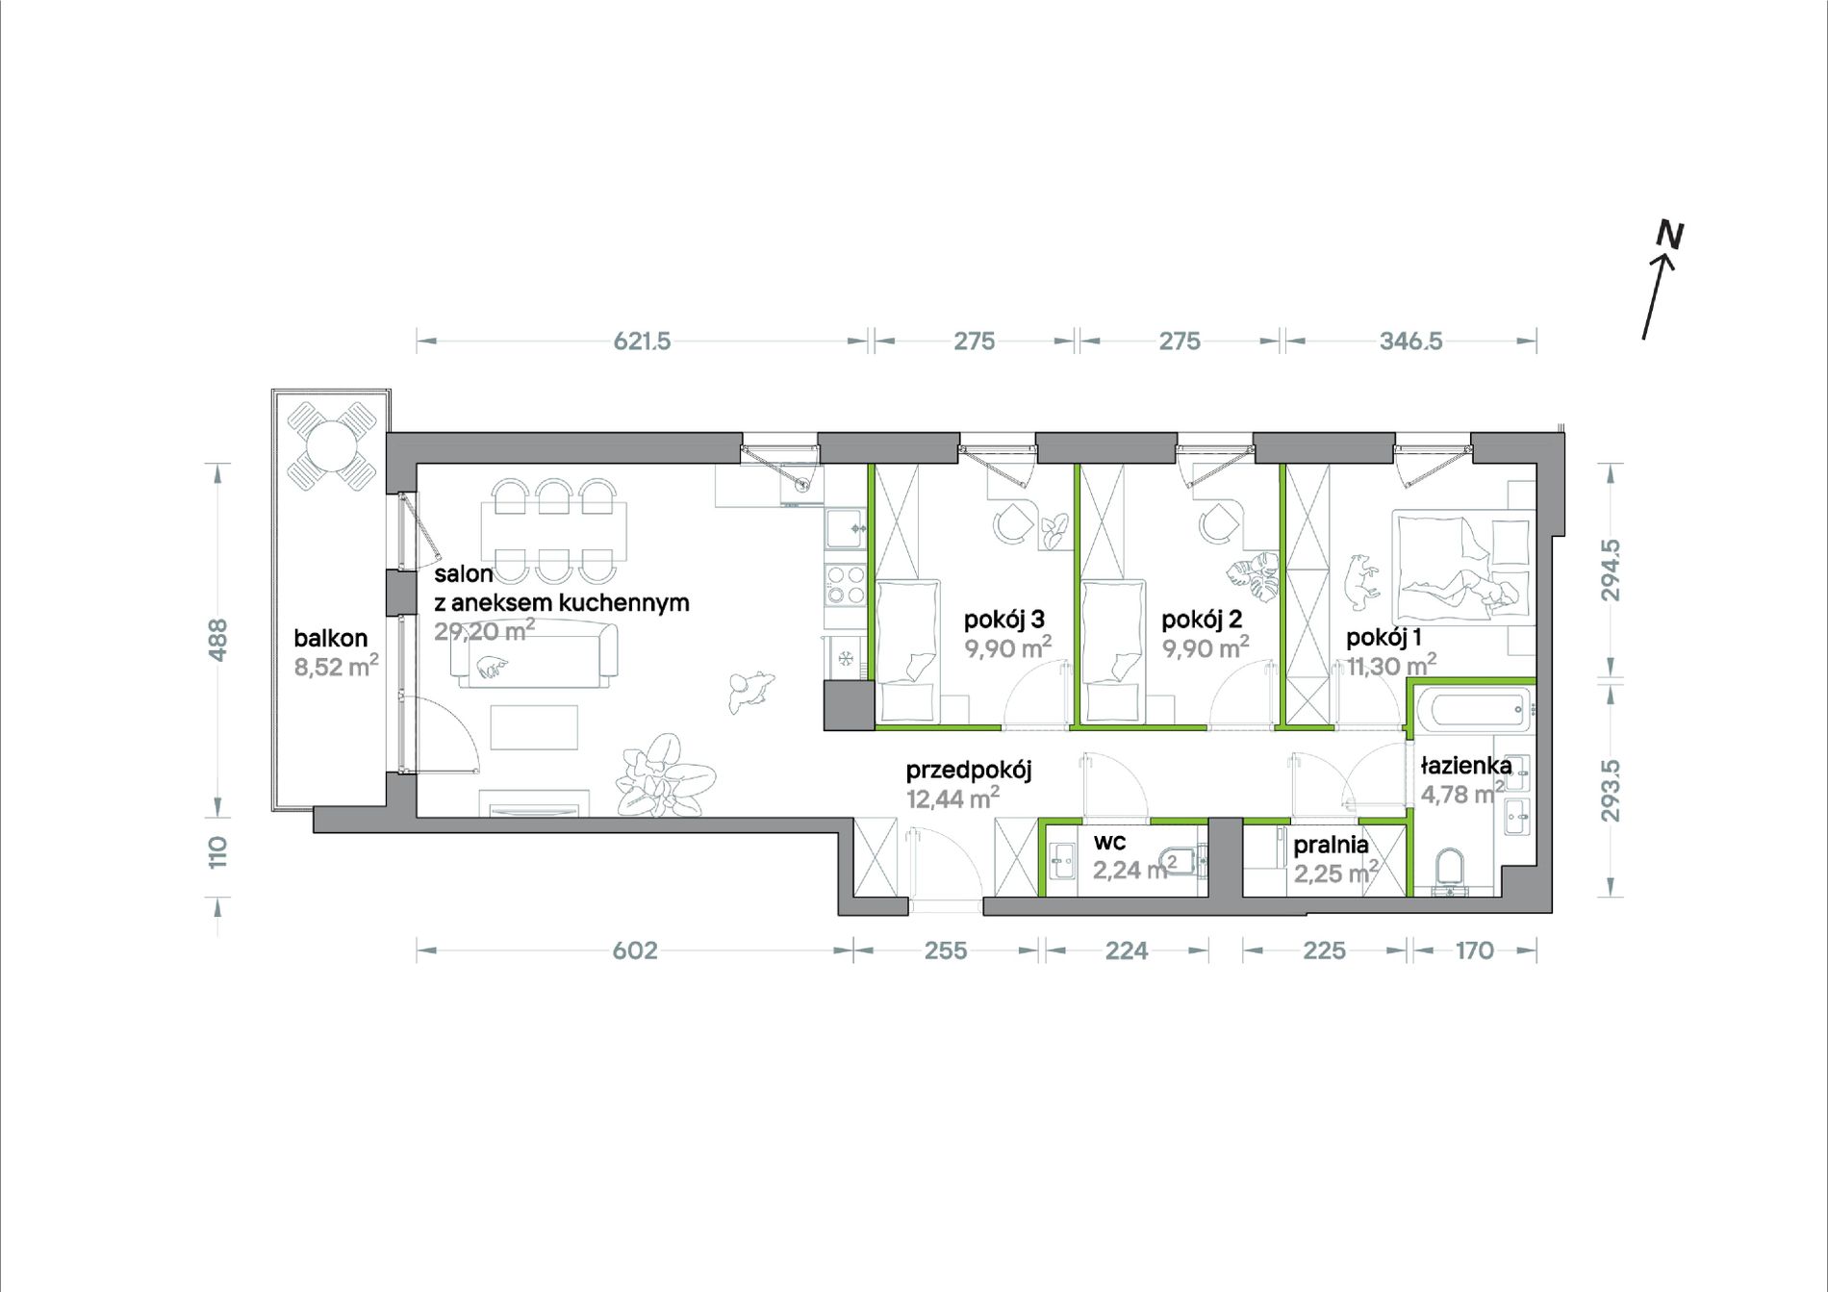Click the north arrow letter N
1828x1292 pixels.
pyautogui.click(x=1669, y=236)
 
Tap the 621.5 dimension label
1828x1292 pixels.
pyautogui.click(x=642, y=342)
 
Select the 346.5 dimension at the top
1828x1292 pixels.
pyautogui.click(x=1410, y=342)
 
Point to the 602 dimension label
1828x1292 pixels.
pyautogui.click(x=635, y=950)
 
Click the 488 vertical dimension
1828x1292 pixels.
pyautogui.click(x=218, y=640)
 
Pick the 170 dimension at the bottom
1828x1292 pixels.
pyautogui.click(x=1474, y=950)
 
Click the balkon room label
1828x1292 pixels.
pyautogui.click(x=331, y=638)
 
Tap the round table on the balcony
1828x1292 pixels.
pyautogui.click(x=330, y=445)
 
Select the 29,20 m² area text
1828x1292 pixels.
pyautogui.click(x=484, y=631)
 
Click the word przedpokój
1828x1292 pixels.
pyautogui.click(x=969, y=770)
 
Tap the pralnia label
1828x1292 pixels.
pyautogui.click(x=1331, y=845)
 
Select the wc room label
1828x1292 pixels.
pyautogui.click(x=1109, y=842)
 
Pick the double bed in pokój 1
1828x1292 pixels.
pyautogui.click(x=1461, y=567)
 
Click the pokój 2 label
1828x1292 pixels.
pyautogui.click(x=1202, y=620)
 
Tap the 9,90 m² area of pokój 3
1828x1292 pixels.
pyautogui.click(x=1007, y=647)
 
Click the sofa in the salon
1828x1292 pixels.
pyautogui.click(x=535, y=655)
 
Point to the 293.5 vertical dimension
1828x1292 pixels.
pyautogui.click(x=1611, y=791)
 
